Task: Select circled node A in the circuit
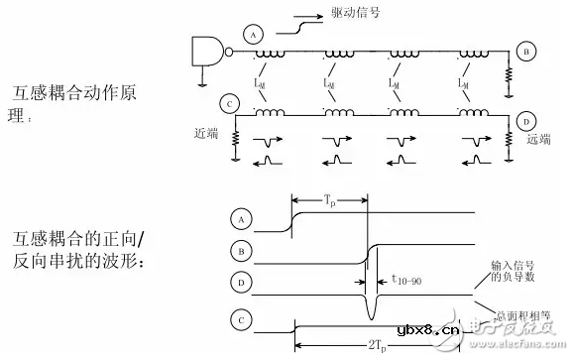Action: (x=254, y=36)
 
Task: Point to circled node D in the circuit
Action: (x=525, y=121)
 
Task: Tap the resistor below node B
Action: (x=509, y=74)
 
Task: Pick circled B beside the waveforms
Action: (x=238, y=249)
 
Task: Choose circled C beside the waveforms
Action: (x=238, y=320)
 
